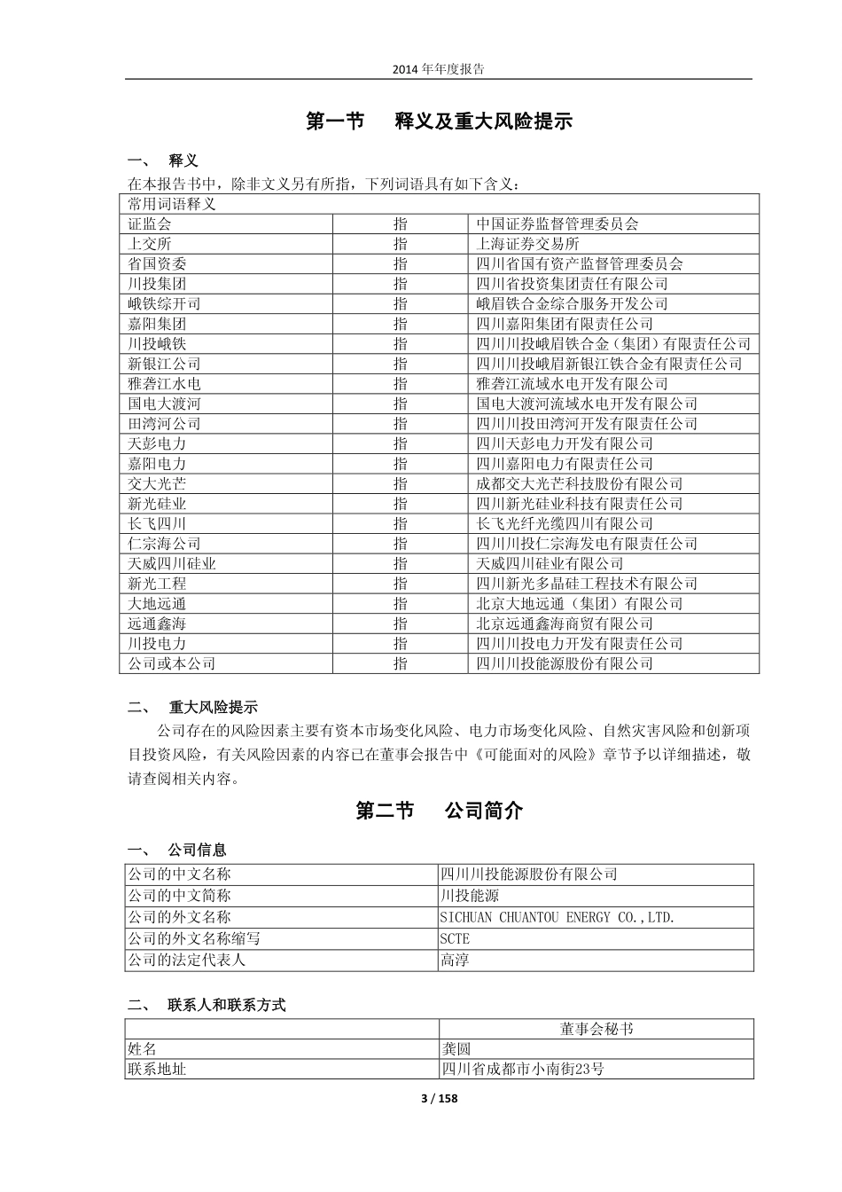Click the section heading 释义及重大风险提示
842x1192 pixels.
pyautogui.click(x=483, y=122)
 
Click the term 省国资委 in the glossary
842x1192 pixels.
pyautogui.click(x=157, y=264)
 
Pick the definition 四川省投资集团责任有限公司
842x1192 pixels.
pyautogui.click(x=572, y=284)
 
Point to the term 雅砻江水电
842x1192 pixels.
pyautogui.click(x=164, y=384)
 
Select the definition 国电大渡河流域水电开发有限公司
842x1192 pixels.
pyautogui.click(x=587, y=404)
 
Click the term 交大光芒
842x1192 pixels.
pyautogui.click(x=157, y=483)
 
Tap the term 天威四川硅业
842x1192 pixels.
pyautogui.click(x=172, y=563)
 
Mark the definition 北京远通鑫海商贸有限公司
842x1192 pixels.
pyautogui.click(x=565, y=623)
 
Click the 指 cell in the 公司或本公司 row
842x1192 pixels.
pyautogui.click(x=401, y=663)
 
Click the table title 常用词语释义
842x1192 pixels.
pyautogui.click(x=172, y=204)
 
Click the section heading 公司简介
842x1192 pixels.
pyautogui.click(x=484, y=811)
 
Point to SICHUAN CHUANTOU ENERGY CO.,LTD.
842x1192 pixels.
pyautogui.click(x=557, y=917)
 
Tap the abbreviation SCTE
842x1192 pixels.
pyautogui.click(x=455, y=938)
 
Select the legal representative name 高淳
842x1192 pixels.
pyautogui.click(x=455, y=960)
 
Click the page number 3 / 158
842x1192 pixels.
pyautogui.click(x=438, y=1099)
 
